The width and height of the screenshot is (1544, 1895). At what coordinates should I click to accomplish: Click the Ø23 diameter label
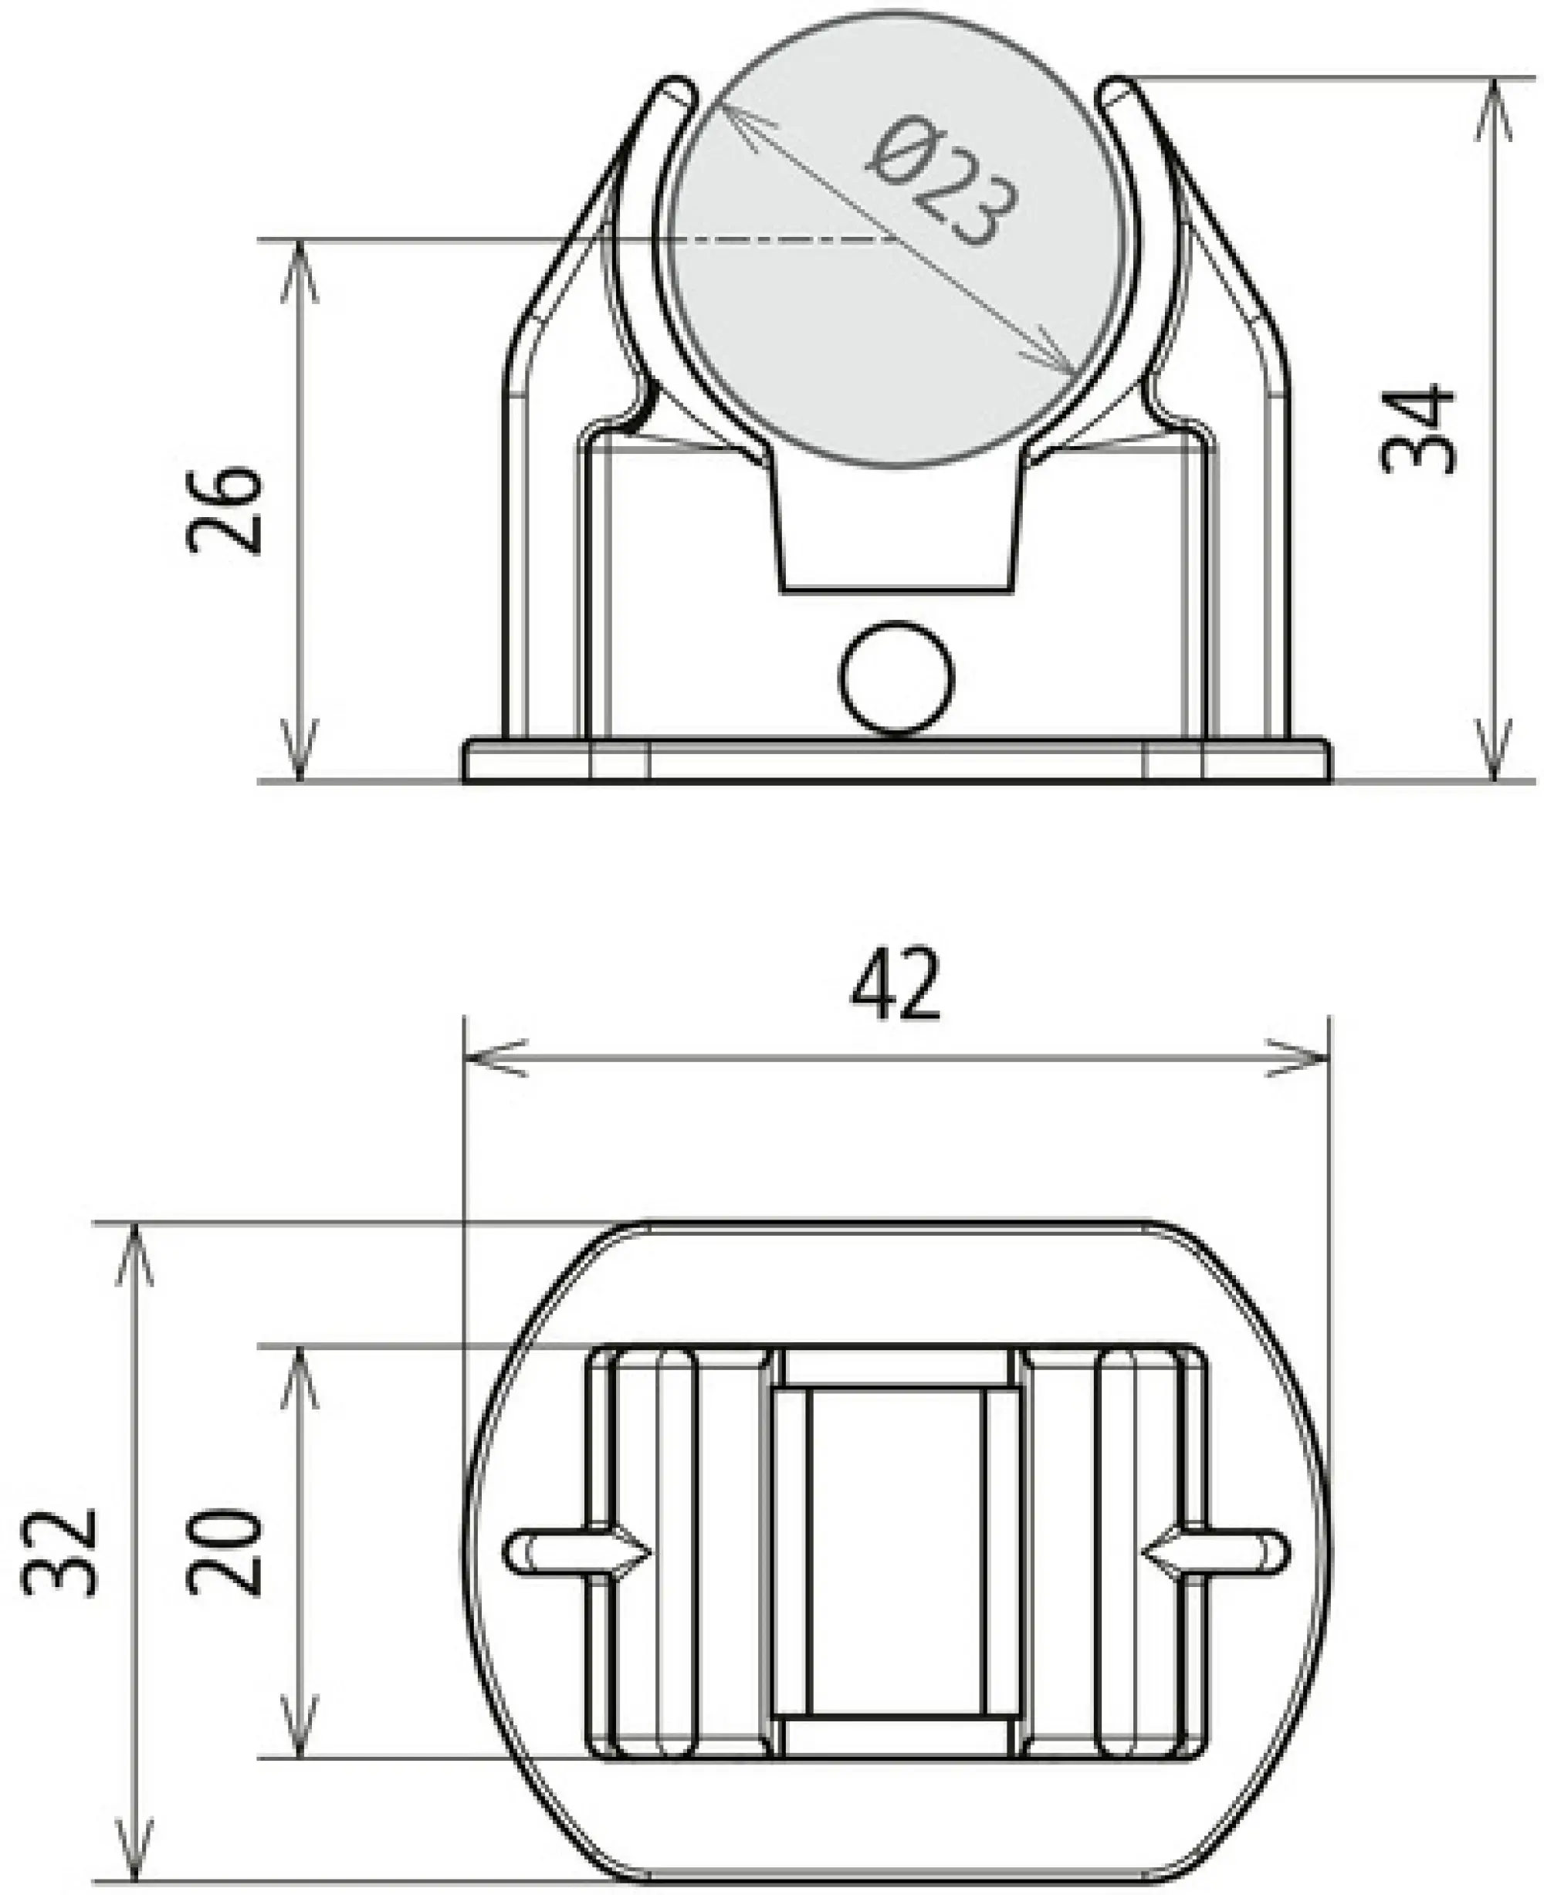[943, 182]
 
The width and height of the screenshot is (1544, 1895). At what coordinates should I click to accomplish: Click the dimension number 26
[226, 509]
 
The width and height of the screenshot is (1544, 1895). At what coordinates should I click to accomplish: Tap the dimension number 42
[895, 985]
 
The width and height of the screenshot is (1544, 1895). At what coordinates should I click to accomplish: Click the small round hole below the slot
[896, 678]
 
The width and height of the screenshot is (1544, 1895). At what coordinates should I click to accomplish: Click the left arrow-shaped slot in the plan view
[578, 1552]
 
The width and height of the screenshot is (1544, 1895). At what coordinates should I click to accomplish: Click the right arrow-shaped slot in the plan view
[1215, 1552]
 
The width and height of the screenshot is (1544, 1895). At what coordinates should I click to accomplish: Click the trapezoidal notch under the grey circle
[896, 533]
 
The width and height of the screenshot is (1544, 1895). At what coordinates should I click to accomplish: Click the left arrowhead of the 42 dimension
[489, 1058]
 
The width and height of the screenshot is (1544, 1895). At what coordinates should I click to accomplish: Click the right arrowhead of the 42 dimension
[1303, 1058]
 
